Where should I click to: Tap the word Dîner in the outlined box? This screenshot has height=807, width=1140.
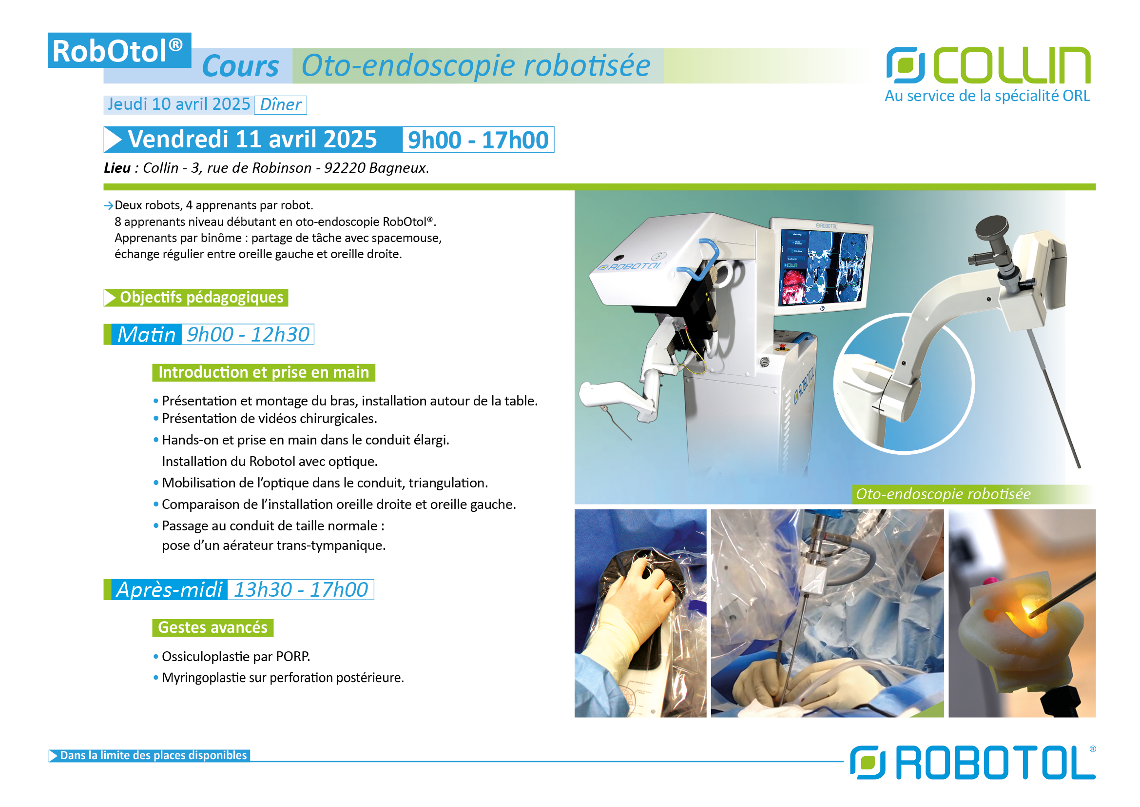point(281,105)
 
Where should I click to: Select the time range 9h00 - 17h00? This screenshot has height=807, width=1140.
point(478,140)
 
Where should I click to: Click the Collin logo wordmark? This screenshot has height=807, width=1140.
point(1012,65)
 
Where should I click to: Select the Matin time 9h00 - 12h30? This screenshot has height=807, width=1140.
point(248,334)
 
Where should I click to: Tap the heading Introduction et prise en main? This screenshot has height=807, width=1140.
point(264,372)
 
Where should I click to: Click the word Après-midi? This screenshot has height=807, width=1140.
point(169,590)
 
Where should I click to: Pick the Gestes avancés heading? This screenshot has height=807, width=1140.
point(213,627)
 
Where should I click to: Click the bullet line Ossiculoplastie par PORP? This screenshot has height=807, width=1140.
point(236,656)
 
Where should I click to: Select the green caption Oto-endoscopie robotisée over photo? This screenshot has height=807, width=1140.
point(944,494)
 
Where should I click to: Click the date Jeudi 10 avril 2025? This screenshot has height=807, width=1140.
point(179,104)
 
